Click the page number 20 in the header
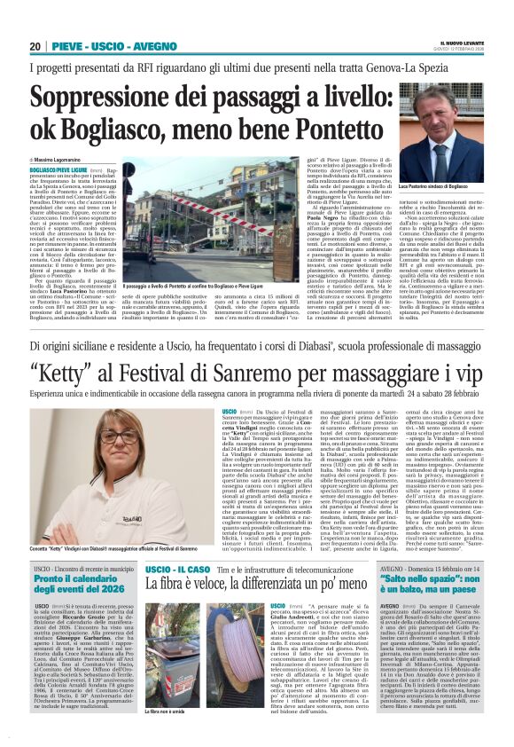click(x=35, y=47)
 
